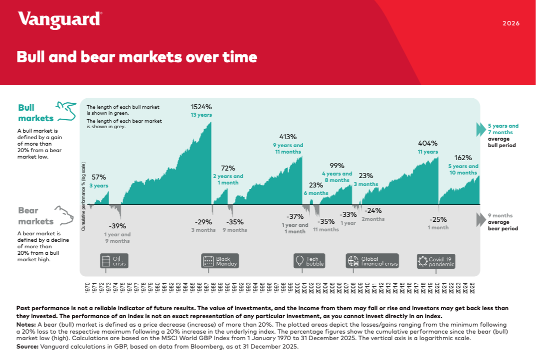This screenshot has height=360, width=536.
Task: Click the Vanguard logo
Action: (60, 20)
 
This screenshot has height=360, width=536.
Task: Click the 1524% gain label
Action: (201, 107)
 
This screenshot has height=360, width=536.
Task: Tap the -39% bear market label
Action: (117, 225)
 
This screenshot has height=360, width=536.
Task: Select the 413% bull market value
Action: (288, 137)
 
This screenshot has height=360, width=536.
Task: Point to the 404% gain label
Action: (428, 143)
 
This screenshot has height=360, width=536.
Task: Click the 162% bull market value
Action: (463, 158)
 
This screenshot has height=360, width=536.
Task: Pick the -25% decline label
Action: (438, 219)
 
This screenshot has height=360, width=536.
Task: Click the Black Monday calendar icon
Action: (208, 261)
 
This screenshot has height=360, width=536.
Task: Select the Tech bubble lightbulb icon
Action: (300, 261)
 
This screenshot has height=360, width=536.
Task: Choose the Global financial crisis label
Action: (379, 261)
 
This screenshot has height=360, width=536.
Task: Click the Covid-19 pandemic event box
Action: (436, 261)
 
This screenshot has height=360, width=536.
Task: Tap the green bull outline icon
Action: (66, 111)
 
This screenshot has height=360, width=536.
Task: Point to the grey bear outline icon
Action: (64, 215)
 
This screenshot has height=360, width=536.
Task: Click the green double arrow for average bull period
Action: (481, 130)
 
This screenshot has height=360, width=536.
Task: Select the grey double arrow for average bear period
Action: (481, 219)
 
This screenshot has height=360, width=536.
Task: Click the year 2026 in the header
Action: (511, 23)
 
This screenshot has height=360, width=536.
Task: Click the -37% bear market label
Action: (295, 216)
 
